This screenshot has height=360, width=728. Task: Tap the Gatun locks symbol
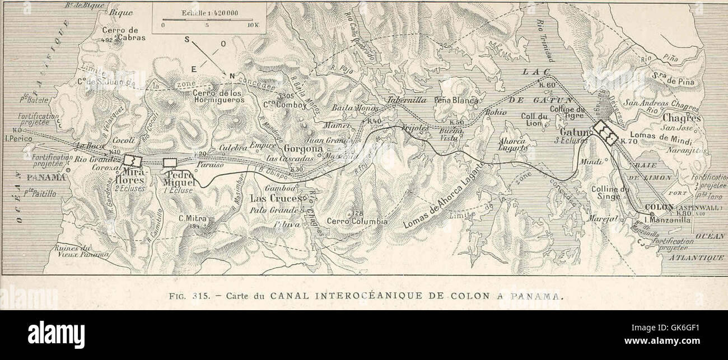pos(605,132)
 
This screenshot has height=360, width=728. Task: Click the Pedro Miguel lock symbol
pos(170,162)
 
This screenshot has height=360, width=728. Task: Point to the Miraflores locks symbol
pos(133,161)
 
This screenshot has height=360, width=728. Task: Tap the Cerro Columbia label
pos(357,221)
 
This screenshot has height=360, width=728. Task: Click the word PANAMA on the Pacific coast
pos(46,177)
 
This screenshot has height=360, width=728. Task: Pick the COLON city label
pos(659,206)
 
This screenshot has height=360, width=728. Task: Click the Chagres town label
pos(682,118)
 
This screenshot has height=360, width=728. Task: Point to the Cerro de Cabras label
pos(123,34)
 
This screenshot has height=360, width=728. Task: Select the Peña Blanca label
pos(456,101)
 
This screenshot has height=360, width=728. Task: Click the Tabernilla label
pos(406,100)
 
